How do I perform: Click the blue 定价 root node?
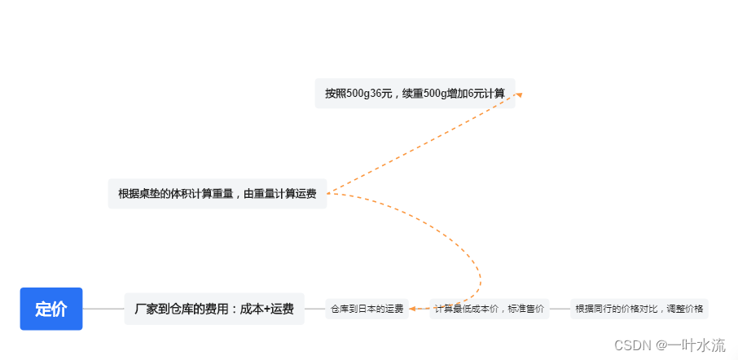51,309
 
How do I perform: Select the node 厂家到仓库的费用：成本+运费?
214,309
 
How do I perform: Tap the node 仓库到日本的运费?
367,309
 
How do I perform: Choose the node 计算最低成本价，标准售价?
490,309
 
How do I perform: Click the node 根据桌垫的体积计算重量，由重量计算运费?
217,194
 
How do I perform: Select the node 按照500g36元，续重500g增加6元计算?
415,94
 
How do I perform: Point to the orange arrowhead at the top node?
517,94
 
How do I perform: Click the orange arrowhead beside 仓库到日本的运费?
414,309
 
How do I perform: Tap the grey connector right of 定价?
103,309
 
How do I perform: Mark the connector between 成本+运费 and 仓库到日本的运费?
314,309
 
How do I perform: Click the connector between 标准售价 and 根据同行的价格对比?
560,309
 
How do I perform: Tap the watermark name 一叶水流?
696,345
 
